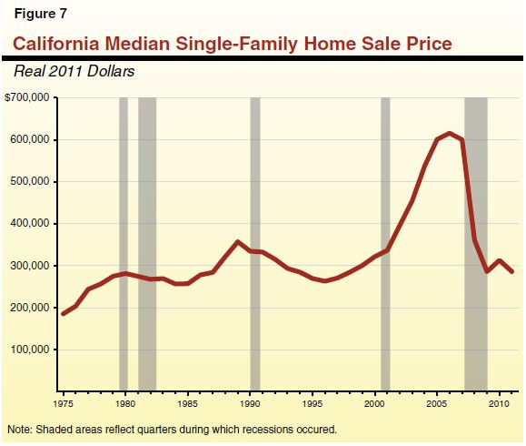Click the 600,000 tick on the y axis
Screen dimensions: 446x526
point(33,140)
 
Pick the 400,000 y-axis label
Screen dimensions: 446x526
point(33,224)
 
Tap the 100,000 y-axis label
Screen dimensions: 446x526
point(33,350)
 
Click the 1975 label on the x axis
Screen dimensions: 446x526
point(63,401)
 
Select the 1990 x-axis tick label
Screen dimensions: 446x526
point(250,401)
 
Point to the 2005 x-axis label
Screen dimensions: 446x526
point(437,401)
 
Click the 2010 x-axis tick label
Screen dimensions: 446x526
point(499,401)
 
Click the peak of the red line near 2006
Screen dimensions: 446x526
point(450,133)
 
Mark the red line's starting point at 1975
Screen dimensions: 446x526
point(63,313)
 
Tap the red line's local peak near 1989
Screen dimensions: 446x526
point(237,242)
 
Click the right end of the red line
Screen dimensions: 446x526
point(511,271)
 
